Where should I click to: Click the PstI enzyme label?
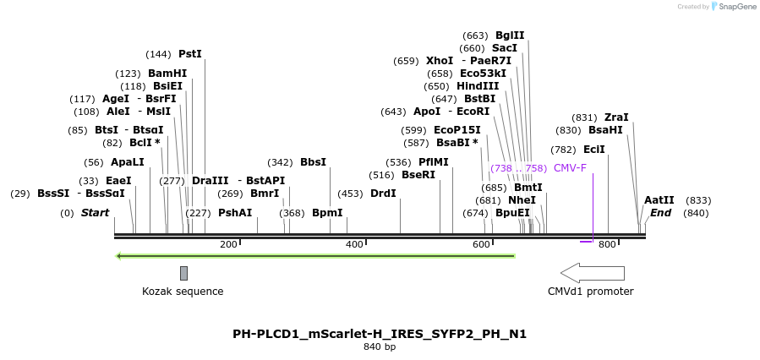point(190,54)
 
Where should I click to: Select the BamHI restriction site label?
point(167,74)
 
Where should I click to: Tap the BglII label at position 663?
point(510,35)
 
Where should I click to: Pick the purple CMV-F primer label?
point(570,168)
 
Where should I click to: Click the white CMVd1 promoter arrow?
point(592,272)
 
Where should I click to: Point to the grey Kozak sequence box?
point(183,272)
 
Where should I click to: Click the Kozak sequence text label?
point(183,292)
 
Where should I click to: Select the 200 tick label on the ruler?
point(228,244)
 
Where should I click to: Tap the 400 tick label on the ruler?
point(354,244)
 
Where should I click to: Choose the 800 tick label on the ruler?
point(607,244)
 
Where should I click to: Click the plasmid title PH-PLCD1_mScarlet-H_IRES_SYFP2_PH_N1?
point(380,334)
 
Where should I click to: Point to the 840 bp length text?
point(380,346)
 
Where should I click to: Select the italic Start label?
point(95,213)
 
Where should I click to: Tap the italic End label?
point(660,213)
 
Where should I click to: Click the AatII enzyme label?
point(659,200)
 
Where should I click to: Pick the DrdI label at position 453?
point(383,194)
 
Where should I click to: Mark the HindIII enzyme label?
point(478,86)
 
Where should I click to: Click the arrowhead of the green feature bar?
point(120,255)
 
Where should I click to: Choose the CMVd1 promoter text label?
point(590,292)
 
